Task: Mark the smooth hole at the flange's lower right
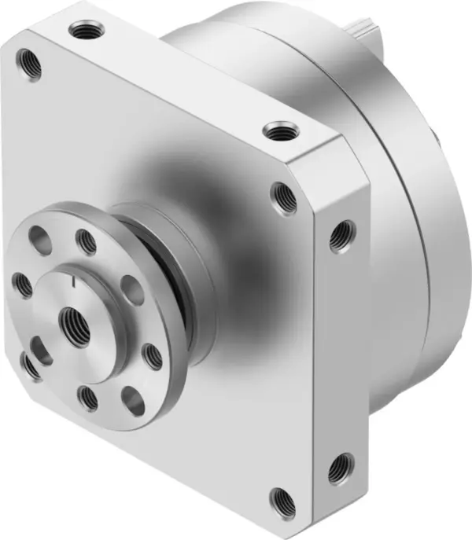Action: [x=134, y=401]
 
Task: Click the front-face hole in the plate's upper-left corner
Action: [x=30, y=64]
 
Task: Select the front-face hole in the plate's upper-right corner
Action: [x=285, y=198]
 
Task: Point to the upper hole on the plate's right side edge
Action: [x=341, y=236]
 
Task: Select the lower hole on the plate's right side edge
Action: [x=341, y=469]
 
